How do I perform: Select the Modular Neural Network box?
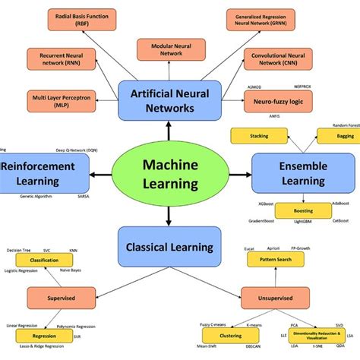point(170,49)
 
